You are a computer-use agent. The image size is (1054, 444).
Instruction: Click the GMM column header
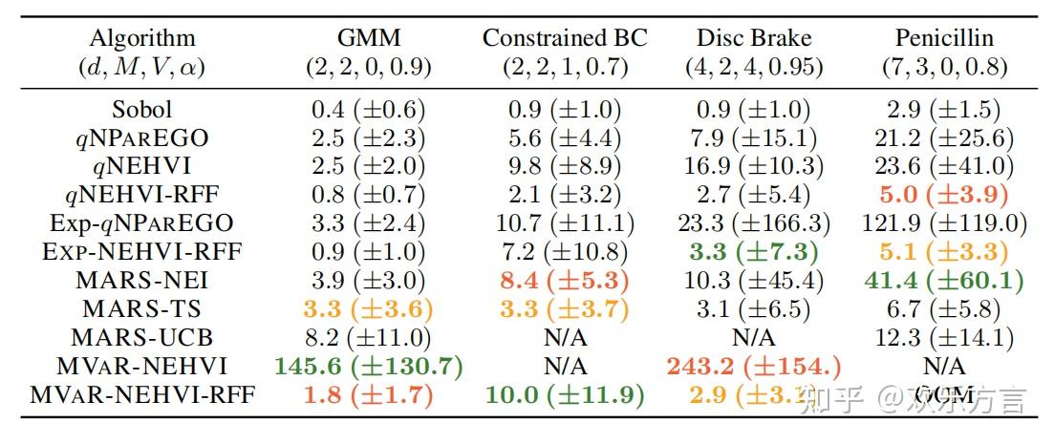pos(368,38)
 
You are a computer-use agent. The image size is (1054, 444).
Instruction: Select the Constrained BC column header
pos(565,38)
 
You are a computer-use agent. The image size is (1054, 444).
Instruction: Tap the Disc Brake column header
pos(754,38)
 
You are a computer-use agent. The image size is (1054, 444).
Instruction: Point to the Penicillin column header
pos(944,38)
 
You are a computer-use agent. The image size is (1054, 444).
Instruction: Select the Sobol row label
pos(141,109)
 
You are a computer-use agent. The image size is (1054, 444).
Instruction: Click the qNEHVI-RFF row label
pos(141,195)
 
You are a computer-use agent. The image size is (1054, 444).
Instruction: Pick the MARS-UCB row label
pos(141,337)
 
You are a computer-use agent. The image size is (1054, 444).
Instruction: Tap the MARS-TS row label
pos(141,308)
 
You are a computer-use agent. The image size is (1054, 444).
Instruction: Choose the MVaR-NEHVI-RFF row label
pos(141,394)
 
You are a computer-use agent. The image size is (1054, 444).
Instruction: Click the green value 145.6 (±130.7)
pos(368,366)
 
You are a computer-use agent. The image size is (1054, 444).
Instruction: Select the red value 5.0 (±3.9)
pos(944,195)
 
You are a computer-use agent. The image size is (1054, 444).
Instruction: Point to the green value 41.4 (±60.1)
pos(944,280)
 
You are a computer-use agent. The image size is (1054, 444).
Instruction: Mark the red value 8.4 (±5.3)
pos(565,280)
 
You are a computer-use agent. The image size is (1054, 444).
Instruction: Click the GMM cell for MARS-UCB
pos(368,337)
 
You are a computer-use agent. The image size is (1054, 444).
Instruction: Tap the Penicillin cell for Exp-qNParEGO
pos(944,223)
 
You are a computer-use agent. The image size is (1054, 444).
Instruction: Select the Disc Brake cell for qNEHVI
pos(754,166)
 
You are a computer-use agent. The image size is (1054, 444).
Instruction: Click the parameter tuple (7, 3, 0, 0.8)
pos(944,68)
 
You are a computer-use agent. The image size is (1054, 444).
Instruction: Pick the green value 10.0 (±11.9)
pos(565,394)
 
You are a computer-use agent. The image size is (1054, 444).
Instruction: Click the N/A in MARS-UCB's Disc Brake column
pos(754,337)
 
